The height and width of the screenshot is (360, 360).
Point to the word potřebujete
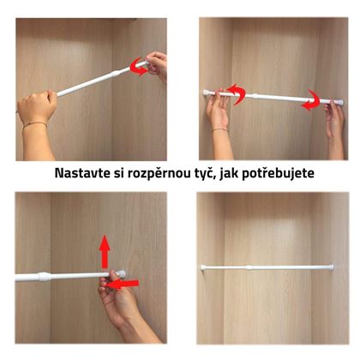[279, 174]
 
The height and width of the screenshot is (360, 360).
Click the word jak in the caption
[229, 174]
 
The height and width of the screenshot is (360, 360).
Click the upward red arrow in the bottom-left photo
[105, 251]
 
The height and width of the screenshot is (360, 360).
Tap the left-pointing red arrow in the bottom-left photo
[122, 284]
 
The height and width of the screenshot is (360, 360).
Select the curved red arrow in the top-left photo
[139, 66]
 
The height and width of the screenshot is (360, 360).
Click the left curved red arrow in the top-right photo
[237, 94]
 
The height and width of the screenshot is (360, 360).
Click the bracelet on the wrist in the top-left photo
[35, 124]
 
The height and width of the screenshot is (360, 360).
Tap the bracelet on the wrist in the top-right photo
[220, 129]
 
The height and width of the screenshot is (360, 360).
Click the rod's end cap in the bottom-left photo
[121, 273]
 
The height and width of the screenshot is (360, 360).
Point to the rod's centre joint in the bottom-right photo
[249, 267]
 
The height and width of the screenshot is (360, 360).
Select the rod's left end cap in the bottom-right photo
[203, 267]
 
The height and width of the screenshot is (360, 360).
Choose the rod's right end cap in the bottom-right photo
[331, 267]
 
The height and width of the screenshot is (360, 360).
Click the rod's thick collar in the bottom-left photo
[45, 277]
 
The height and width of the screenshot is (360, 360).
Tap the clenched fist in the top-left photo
[37, 104]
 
